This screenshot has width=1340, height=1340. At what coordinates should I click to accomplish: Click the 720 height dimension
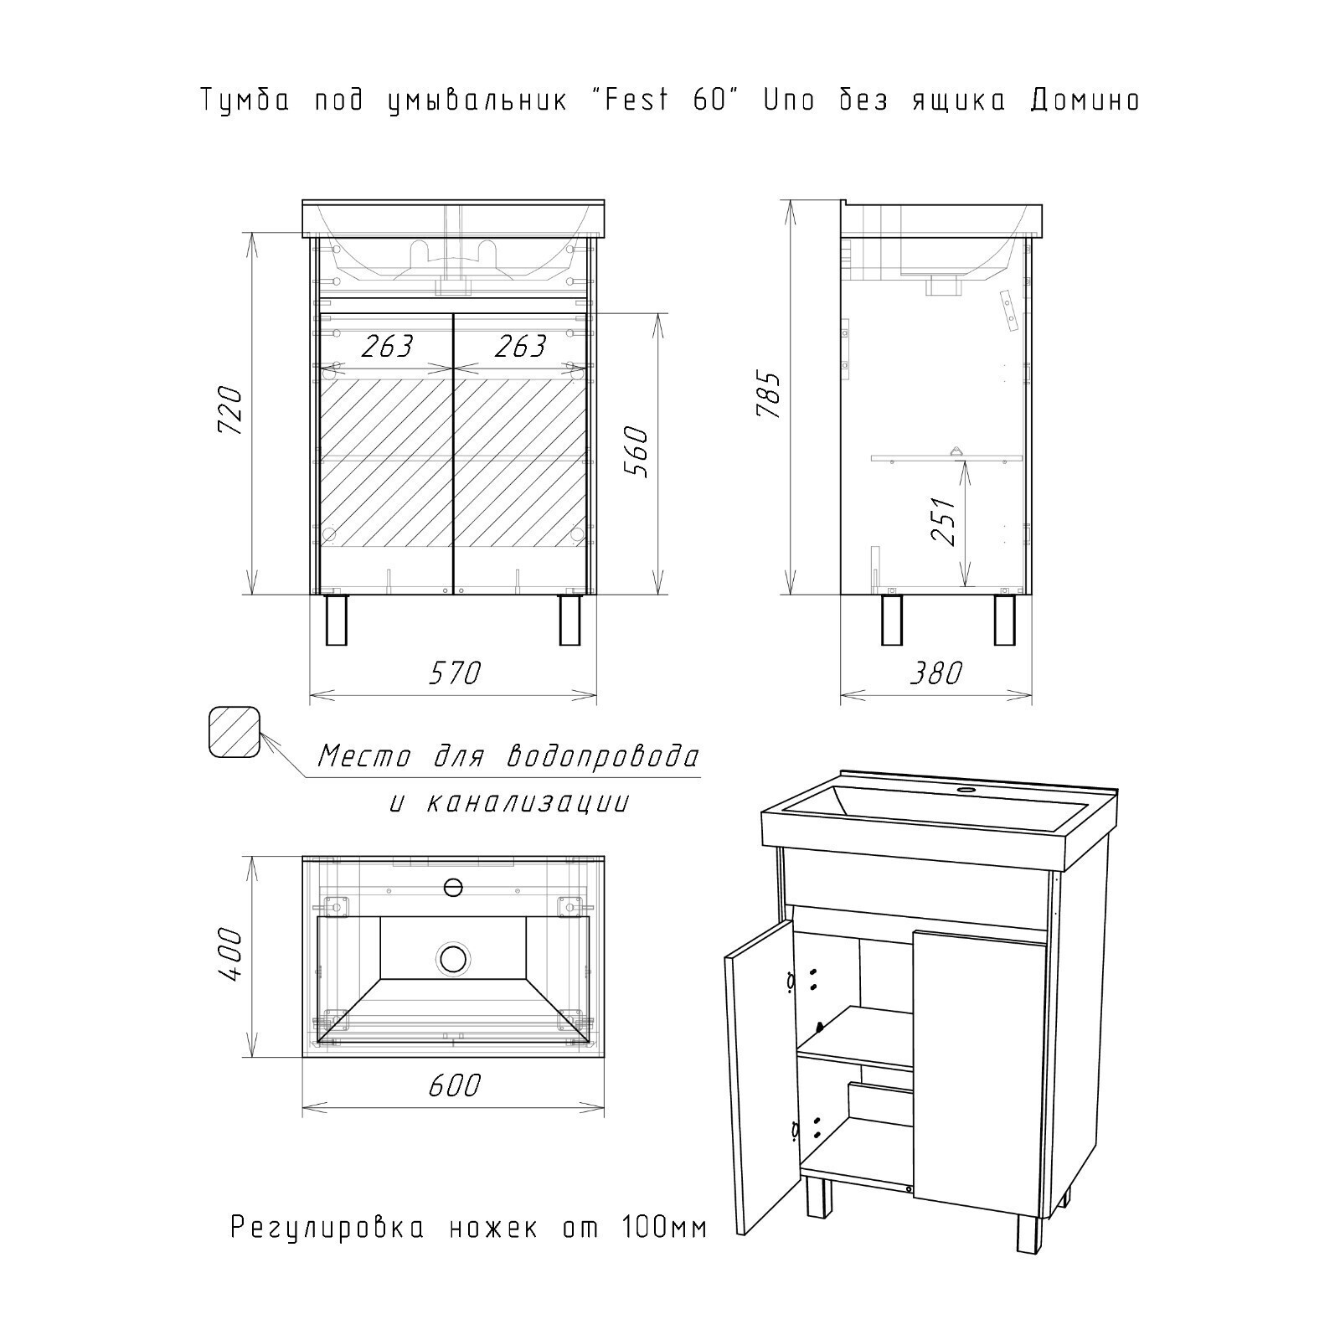230,410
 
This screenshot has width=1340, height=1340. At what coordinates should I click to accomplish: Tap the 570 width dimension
455,673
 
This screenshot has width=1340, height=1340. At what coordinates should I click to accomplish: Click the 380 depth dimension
935,673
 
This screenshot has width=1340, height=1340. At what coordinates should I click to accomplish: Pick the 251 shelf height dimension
944,521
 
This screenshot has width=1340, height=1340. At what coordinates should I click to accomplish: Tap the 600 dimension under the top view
455,1085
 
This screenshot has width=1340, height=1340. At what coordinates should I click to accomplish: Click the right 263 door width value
519,346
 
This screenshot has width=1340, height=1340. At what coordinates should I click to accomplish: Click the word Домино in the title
1085,100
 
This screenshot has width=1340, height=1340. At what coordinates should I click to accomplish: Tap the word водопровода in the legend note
603,757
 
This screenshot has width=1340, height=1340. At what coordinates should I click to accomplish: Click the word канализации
528,803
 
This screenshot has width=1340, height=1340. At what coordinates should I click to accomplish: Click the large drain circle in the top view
453,957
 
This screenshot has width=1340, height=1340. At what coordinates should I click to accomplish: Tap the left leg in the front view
336,620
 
